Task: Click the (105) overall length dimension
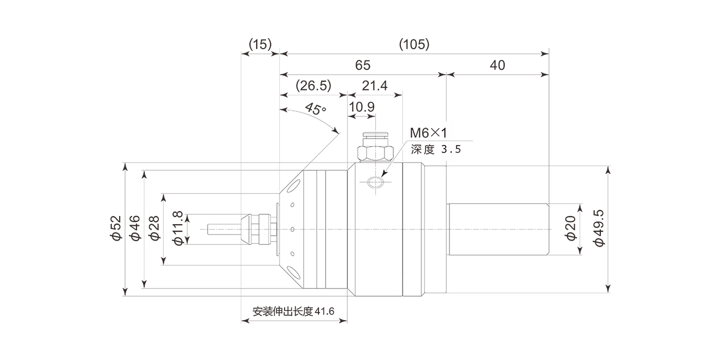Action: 414,45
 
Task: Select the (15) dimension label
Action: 260,45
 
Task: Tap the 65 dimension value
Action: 363,65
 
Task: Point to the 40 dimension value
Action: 497,65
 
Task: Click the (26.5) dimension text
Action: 314,86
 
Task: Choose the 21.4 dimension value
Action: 375,86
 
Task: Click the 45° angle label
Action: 315,109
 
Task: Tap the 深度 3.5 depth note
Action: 436,148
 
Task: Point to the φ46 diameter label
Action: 135,229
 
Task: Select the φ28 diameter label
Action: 154,229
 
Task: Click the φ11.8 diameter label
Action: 178,229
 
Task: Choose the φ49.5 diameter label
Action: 599,229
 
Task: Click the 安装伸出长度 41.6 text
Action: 293,311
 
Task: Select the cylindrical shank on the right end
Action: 498,229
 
